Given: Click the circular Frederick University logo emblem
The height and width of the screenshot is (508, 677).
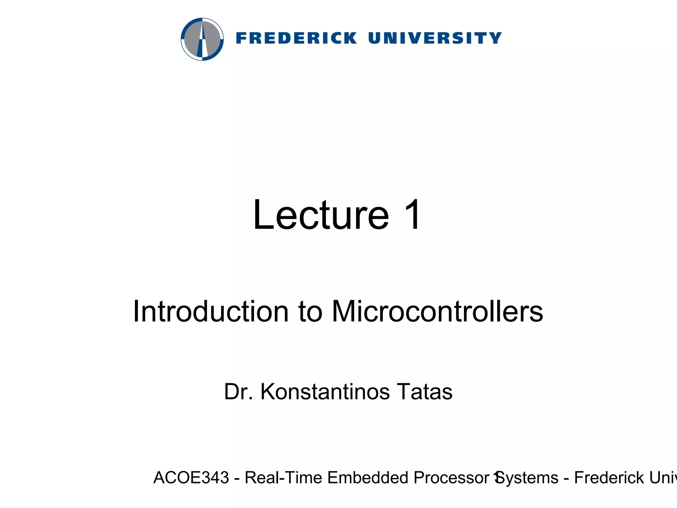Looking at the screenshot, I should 202,39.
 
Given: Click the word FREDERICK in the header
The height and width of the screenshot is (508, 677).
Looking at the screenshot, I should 297,38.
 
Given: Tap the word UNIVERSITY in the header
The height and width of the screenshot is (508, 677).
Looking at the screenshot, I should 435,38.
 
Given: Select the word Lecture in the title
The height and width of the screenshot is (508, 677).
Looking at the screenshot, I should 321,215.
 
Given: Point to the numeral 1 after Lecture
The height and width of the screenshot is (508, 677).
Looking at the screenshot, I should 411,215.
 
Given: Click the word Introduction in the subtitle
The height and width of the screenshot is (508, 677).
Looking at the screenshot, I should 211,311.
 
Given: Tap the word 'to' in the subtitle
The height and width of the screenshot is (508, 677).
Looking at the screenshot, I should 310,312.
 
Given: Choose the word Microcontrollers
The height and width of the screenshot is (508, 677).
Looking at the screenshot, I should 437,311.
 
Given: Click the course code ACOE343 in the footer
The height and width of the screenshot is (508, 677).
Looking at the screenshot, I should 191,478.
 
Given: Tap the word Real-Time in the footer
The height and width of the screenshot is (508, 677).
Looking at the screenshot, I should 283,478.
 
